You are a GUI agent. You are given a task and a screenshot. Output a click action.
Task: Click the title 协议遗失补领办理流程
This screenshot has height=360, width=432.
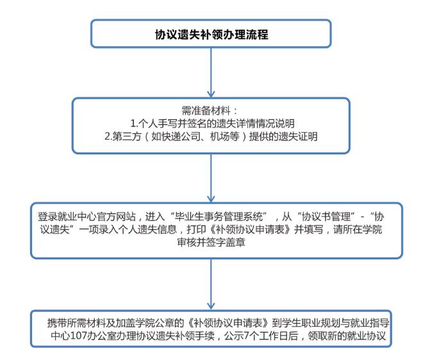point(212,35)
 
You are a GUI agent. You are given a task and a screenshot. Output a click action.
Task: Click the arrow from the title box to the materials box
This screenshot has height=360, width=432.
point(211,72)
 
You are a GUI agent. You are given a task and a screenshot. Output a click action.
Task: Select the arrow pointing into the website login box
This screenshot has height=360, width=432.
point(211,178)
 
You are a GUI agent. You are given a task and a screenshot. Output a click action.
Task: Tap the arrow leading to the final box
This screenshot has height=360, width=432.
point(211,284)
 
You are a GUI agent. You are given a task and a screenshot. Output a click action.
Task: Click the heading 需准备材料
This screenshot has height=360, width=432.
point(206,111)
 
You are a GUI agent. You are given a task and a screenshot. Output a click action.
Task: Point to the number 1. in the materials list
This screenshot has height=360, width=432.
point(134,124)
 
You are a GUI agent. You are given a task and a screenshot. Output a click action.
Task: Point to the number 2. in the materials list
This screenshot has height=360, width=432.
point(108,136)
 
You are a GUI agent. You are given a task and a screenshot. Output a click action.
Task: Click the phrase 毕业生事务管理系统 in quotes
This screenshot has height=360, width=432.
point(219,217)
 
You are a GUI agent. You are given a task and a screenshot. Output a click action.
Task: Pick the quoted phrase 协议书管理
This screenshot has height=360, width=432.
point(326,217)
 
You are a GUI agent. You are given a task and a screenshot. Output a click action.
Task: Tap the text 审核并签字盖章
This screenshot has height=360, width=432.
point(212,242)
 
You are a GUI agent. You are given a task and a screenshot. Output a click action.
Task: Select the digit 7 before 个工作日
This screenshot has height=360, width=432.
point(247,336)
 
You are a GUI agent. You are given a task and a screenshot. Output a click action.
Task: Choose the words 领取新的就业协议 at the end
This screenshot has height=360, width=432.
point(347,336)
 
